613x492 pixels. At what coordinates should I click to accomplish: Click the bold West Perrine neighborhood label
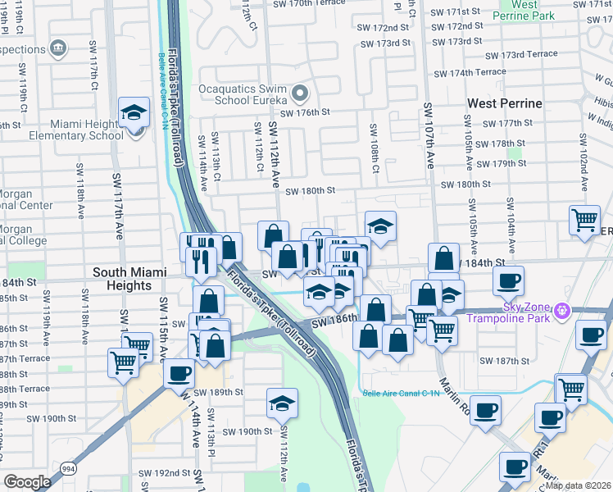pos(504,103)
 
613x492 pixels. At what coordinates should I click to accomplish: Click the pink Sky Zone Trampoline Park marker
pos(561,310)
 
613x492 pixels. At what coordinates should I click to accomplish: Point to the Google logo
pos(27,482)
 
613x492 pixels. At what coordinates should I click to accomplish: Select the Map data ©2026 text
pos(579,485)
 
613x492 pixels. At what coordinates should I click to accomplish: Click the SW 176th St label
pos(305,112)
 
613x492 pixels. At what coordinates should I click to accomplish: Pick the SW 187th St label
pos(506,361)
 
